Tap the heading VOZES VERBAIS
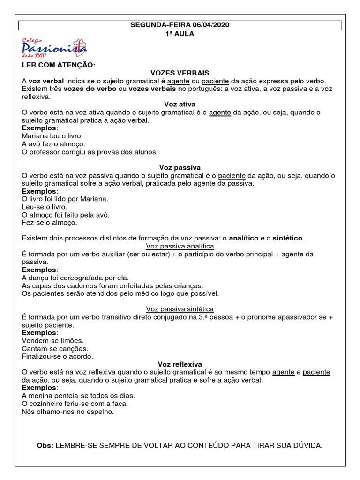click(x=180, y=73)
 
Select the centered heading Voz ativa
click(x=180, y=104)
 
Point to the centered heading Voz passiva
click(x=180, y=167)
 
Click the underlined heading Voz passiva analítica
click(x=180, y=246)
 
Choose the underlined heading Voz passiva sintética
click(x=180, y=309)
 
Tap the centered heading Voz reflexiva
click(x=180, y=364)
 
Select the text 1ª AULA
click(x=180, y=34)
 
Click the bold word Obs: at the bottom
click(x=45, y=445)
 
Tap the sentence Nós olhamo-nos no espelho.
click(x=68, y=412)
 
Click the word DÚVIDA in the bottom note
click(x=307, y=445)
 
